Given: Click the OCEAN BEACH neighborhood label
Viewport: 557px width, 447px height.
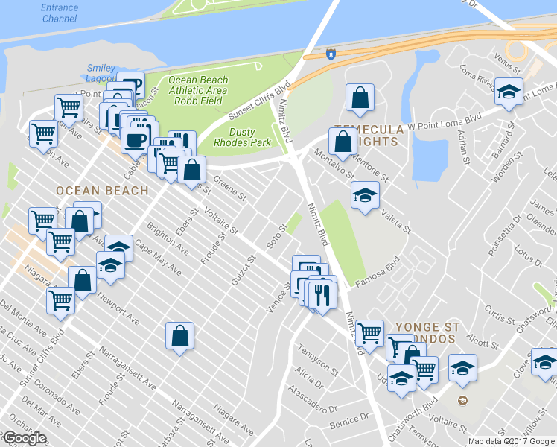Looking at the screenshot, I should [103, 191].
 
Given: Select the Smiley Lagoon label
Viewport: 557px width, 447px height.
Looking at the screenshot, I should [101, 73].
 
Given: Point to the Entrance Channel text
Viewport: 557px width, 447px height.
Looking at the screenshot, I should [59, 13].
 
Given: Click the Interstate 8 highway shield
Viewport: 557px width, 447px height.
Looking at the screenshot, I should [330, 54].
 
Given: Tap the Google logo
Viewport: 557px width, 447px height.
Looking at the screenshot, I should [24, 438].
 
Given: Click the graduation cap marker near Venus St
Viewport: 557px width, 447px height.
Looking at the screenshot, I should [509, 92].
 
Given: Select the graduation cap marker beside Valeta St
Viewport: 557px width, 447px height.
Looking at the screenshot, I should [364, 195].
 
